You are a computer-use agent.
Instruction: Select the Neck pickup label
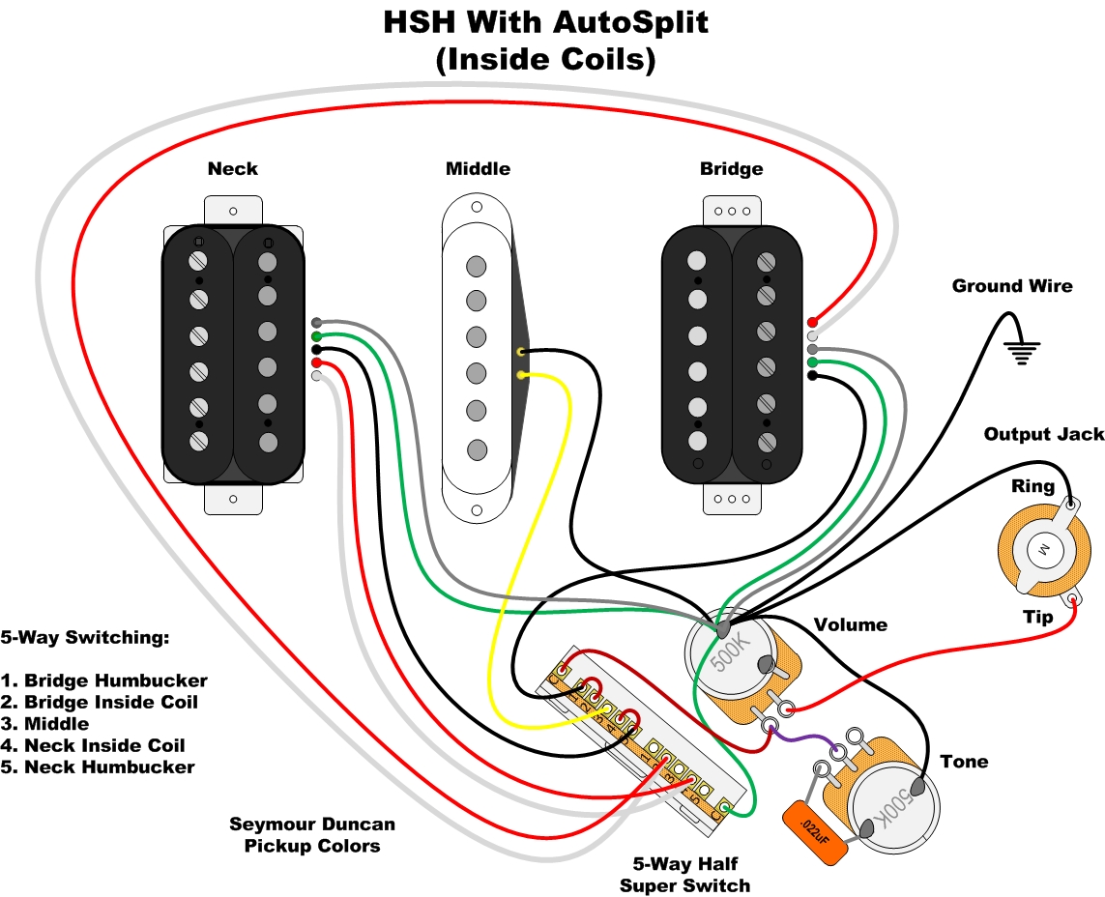[233, 169]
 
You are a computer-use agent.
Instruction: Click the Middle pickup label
[478, 169]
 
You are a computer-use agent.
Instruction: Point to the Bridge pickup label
[731, 169]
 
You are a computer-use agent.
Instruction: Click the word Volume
[850, 625]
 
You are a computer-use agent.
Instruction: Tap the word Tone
[964, 762]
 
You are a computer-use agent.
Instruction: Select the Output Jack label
[1043, 435]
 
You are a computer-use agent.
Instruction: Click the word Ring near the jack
[1032, 486]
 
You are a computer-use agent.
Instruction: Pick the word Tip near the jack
[1038, 617]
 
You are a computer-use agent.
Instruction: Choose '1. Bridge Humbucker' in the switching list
[104, 680]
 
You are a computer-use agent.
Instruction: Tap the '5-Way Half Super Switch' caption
[684, 874]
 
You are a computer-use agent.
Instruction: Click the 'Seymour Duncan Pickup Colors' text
[311, 835]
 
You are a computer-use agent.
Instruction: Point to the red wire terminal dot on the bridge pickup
[813, 322]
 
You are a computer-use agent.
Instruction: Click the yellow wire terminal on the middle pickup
[522, 374]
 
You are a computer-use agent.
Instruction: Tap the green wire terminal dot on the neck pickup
[316, 335]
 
